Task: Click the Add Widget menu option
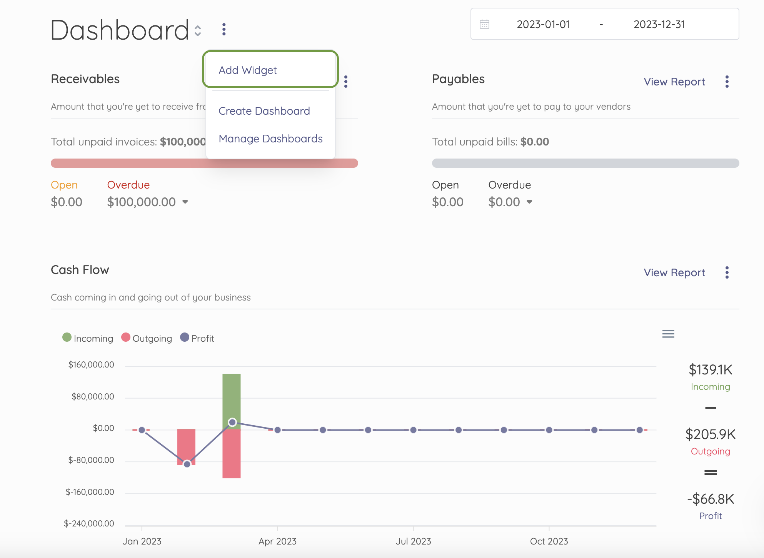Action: point(248,70)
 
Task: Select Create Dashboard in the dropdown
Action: point(264,111)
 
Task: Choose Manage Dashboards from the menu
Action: point(270,139)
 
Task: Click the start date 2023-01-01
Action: point(543,24)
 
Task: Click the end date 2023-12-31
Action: point(659,24)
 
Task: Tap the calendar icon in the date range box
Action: point(484,24)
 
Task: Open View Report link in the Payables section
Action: point(674,82)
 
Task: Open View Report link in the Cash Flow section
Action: point(674,272)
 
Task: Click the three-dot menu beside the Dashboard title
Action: point(224,29)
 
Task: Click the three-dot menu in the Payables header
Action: point(727,82)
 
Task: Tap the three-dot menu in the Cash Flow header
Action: point(727,272)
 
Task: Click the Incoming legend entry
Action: point(88,338)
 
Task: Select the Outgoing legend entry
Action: point(147,338)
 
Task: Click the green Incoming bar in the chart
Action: point(232,396)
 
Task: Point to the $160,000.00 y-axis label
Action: point(91,364)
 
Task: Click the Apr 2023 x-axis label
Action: point(277,541)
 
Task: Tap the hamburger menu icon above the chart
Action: point(668,334)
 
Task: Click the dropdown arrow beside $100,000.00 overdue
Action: point(185,202)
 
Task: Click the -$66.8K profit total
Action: point(711,499)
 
